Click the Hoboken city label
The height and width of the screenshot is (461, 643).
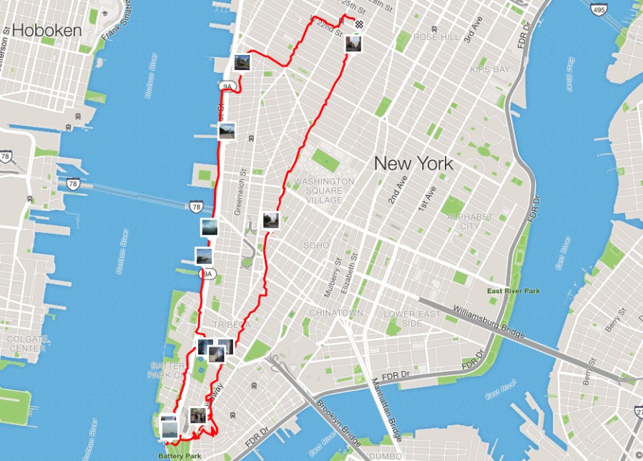[x=47, y=30]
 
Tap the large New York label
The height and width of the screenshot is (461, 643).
[x=413, y=164]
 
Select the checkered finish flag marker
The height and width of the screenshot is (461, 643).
[x=358, y=24]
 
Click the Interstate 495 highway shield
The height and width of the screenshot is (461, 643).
[x=599, y=10]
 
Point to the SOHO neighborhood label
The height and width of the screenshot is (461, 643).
[x=315, y=245]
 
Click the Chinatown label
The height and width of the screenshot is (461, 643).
[x=336, y=313]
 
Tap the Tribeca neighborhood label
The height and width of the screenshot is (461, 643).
[x=230, y=324]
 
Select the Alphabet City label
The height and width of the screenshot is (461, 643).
[x=470, y=222]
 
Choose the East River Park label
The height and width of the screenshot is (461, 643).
[x=514, y=291]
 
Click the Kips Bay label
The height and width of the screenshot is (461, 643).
[x=489, y=69]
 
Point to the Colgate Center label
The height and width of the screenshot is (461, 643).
[x=26, y=344]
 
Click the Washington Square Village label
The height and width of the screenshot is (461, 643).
[x=323, y=190]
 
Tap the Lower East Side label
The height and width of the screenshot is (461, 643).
[x=409, y=319]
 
